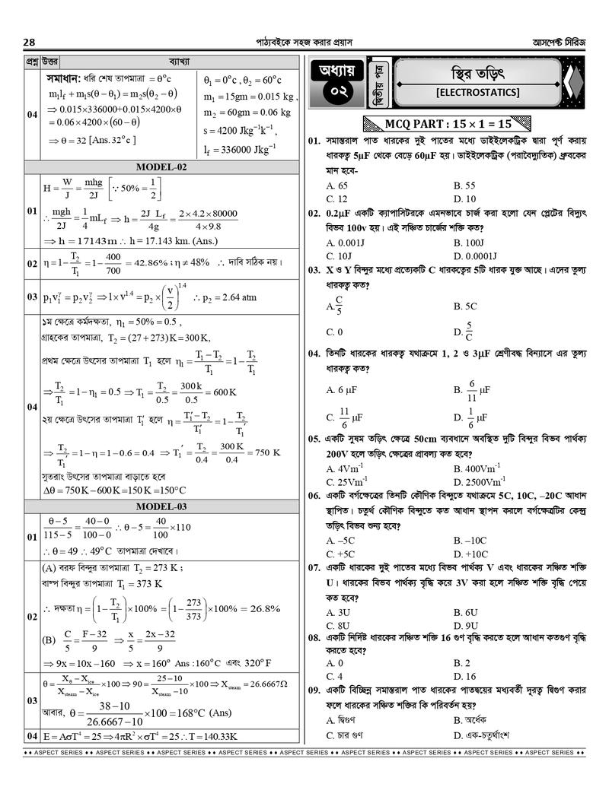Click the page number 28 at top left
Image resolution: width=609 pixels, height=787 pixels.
[30, 42]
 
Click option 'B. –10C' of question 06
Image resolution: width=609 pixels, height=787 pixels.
[470, 541]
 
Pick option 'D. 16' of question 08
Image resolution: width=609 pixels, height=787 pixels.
[464, 676]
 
